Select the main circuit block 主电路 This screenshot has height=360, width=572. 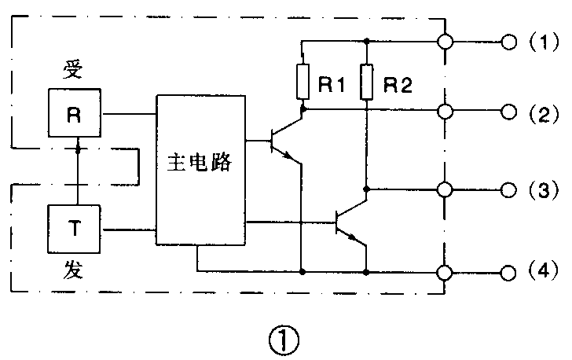tap(200, 169)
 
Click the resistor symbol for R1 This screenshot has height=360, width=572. tap(302, 82)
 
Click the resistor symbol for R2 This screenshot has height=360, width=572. tap(366, 82)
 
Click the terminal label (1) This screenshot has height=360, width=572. tap(542, 43)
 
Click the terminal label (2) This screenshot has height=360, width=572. tap(542, 114)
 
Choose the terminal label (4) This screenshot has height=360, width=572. tap(542, 273)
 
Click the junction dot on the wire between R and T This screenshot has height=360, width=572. tap(77, 147)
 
